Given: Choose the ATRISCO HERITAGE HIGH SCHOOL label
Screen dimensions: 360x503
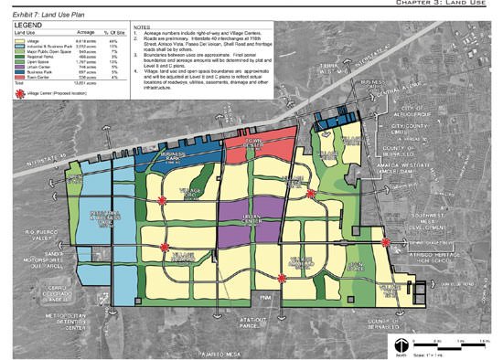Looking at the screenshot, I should pyautogui.click(x=442, y=249).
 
